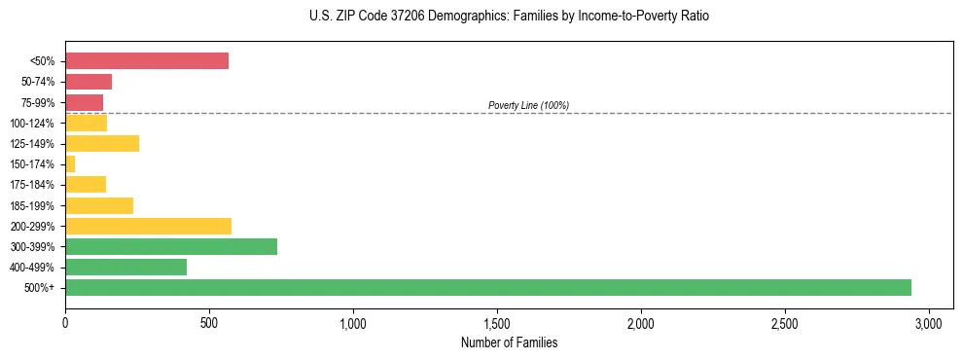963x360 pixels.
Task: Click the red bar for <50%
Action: (146, 60)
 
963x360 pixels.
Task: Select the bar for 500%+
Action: (487, 287)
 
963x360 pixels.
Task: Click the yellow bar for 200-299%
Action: (148, 226)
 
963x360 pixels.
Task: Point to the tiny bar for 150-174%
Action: (70, 163)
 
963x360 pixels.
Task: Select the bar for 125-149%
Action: (102, 143)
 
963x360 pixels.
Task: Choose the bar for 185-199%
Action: (99, 205)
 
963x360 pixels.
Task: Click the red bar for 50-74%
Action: (89, 82)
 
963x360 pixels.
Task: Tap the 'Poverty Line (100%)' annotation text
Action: (528, 105)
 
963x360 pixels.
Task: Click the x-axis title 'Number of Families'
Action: (509, 342)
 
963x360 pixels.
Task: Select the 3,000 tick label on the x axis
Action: (929, 323)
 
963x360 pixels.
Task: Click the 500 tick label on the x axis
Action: (209, 323)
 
